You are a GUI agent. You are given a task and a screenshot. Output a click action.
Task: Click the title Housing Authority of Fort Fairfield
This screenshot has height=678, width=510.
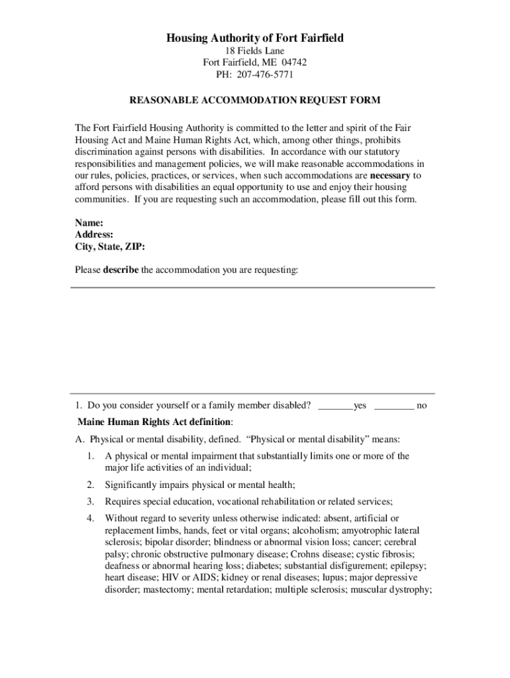pyautogui.click(x=255, y=38)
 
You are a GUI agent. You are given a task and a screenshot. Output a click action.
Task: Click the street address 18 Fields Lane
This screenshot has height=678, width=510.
pyautogui.click(x=255, y=51)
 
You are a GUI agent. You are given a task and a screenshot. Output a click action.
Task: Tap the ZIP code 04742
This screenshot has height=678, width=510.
pyautogui.click(x=293, y=63)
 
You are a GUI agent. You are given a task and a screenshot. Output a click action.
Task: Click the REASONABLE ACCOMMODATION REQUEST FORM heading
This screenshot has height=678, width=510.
pyautogui.click(x=255, y=101)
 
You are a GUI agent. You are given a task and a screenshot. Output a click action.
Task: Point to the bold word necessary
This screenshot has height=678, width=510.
pyautogui.click(x=390, y=175)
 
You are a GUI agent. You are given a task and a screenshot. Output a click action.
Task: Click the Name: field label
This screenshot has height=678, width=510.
pyautogui.click(x=89, y=223)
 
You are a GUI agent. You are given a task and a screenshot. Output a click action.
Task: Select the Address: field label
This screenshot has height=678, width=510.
pyautogui.click(x=94, y=234)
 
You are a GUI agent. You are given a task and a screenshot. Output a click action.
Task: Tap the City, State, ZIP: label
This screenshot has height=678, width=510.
pyautogui.click(x=110, y=246)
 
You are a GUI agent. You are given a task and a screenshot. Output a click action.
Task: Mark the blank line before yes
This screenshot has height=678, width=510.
pyautogui.click(x=335, y=406)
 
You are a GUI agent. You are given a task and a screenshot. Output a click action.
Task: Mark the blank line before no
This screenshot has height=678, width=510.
pyautogui.click(x=394, y=406)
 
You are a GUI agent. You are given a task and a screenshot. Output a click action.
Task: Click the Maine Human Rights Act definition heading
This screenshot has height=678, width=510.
pyautogui.click(x=155, y=422)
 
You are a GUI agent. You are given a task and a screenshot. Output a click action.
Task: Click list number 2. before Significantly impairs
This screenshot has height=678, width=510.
pyautogui.click(x=91, y=485)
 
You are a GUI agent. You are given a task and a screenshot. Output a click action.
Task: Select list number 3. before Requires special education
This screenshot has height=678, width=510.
pyautogui.click(x=91, y=501)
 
